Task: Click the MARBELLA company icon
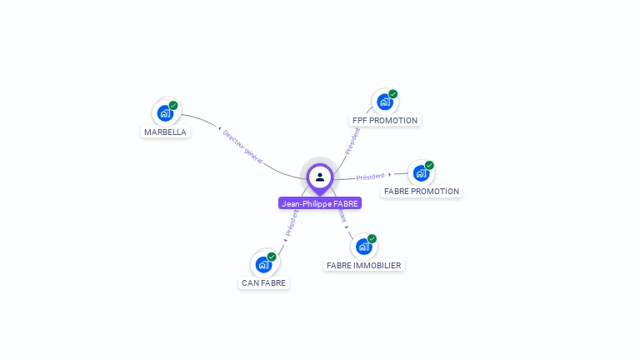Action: click(165, 112)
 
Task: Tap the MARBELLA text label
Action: click(165, 132)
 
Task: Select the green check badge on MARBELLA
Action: click(173, 105)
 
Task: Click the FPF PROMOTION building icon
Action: click(384, 102)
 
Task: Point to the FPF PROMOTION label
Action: click(385, 120)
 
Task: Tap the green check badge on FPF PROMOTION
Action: click(392, 94)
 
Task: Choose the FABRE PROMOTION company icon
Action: click(421, 173)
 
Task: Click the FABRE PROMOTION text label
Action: click(421, 191)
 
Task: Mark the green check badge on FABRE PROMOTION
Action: click(429, 165)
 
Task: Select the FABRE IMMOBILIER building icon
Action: click(363, 247)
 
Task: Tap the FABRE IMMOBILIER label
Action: click(363, 265)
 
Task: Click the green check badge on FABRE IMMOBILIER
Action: click(372, 238)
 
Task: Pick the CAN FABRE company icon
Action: click(263, 265)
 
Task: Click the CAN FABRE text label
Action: click(263, 282)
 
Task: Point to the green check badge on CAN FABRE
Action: click(272, 257)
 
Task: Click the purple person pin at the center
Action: click(319, 177)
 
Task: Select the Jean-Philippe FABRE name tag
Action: click(320, 203)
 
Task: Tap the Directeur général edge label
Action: click(242, 146)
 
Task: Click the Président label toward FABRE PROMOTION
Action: click(371, 177)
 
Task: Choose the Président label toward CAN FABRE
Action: click(292, 223)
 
